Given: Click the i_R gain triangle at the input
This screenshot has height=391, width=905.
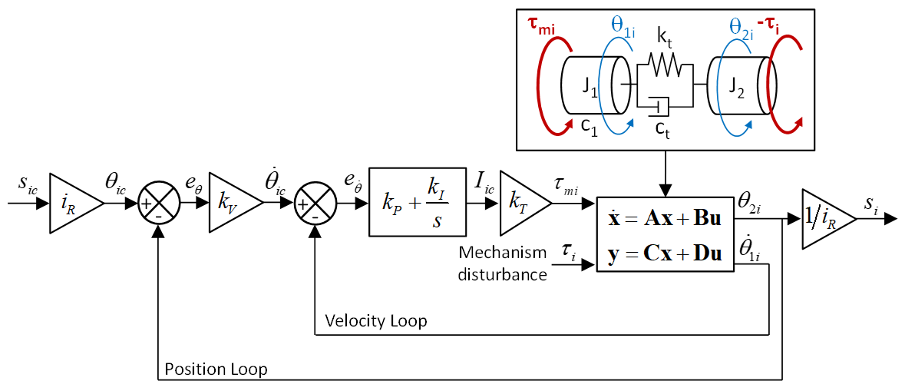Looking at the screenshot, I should click(x=73, y=204).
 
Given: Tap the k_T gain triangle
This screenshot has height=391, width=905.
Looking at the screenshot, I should click(x=522, y=204).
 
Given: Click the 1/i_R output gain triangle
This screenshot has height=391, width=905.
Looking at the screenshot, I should click(x=826, y=219).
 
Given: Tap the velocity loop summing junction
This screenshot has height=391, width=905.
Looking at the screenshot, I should click(x=315, y=204).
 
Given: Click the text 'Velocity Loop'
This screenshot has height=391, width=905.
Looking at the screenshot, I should click(x=375, y=320).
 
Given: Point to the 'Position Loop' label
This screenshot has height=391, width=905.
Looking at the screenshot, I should click(x=216, y=369).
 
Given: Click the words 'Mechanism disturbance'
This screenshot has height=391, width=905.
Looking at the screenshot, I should click(x=502, y=263).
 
